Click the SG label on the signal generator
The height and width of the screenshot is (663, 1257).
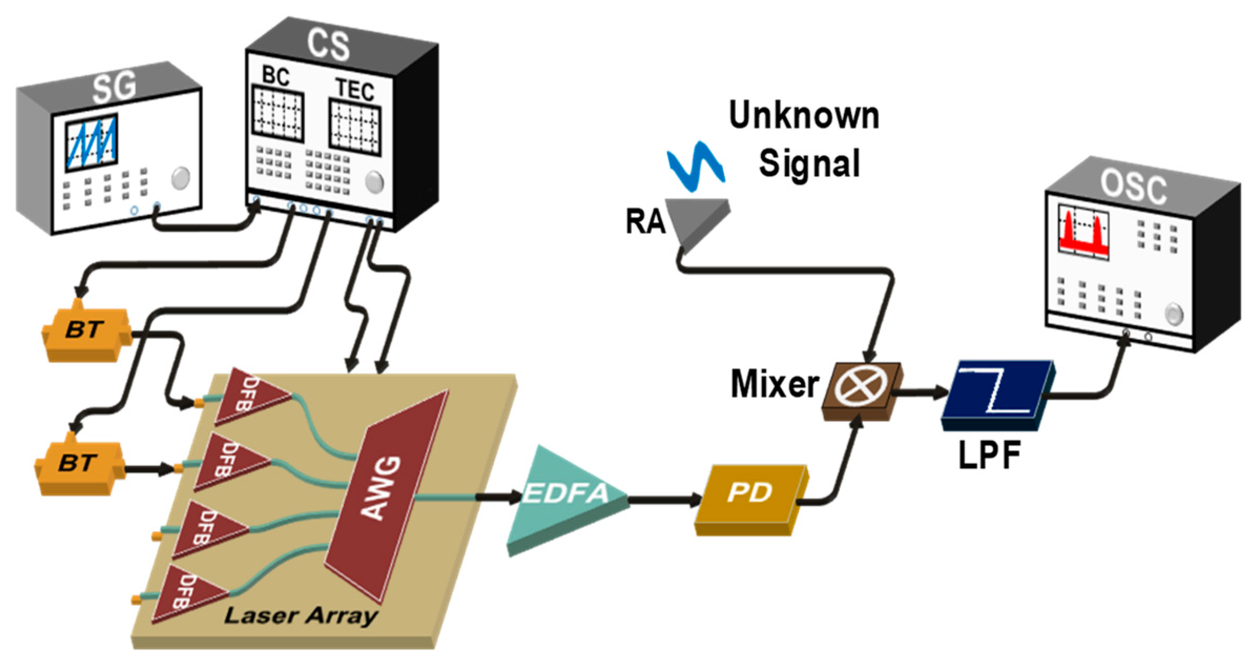(x=115, y=87)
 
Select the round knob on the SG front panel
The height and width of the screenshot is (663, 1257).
(x=181, y=178)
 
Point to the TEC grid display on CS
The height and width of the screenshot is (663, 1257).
(x=355, y=127)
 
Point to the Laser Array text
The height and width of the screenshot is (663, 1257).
(x=300, y=616)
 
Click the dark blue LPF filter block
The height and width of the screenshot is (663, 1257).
(x=995, y=394)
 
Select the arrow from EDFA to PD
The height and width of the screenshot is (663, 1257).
(x=664, y=499)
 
